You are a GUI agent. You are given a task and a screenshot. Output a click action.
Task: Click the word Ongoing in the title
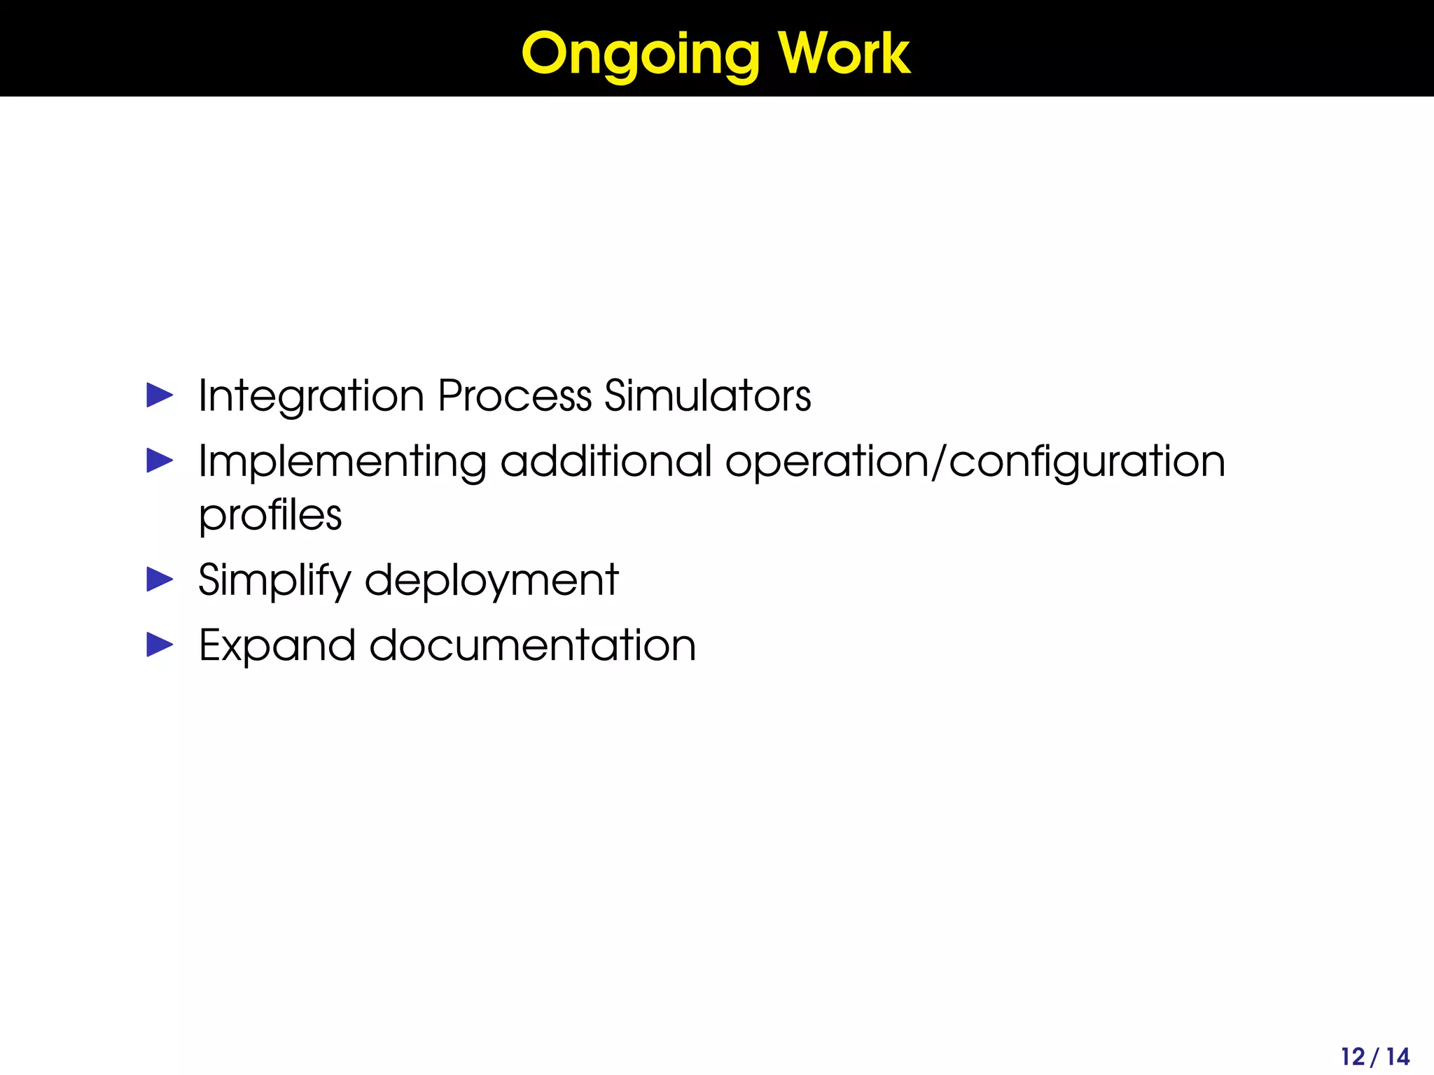(640, 55)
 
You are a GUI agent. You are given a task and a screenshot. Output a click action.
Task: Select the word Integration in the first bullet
(311, 396)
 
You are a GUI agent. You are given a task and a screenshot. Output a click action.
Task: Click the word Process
(515, 396)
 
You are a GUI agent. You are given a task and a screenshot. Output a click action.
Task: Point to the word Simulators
(707, 396)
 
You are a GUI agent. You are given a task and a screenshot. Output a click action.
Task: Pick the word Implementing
(342, 462)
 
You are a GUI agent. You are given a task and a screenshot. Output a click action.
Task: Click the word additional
(606, 462)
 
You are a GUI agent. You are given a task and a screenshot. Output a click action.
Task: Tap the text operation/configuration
(975, 462)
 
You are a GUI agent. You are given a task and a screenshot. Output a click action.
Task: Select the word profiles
(270, 515)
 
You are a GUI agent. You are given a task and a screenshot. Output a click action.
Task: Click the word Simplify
(274, 581)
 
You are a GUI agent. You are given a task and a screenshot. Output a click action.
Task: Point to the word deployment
(492, 581)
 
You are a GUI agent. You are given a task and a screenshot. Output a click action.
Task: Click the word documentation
(532, 645)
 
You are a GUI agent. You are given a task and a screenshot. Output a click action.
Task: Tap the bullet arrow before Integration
(160, 395)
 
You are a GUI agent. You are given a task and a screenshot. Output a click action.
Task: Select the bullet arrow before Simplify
(160, 579)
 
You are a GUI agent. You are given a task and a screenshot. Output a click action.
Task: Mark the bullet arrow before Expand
(160, 645)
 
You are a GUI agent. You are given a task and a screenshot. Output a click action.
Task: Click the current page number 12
(1353, 1056)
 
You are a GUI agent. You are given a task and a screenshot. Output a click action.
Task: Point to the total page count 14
(1398, 1056)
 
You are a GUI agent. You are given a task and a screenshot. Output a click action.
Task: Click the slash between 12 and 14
(1375, 1056)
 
